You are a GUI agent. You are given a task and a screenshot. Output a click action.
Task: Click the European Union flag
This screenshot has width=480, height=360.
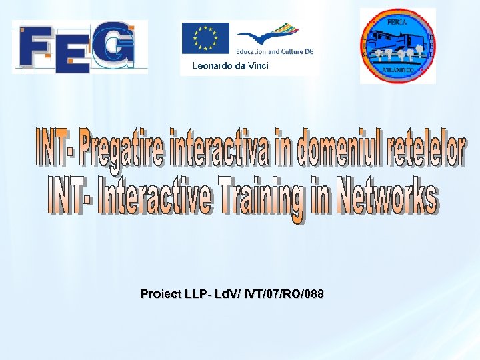[205, 38]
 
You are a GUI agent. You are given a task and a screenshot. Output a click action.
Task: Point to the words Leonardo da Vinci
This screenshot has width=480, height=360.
[230, 65]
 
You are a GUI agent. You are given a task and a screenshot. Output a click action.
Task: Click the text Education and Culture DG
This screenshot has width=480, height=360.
[274, 51]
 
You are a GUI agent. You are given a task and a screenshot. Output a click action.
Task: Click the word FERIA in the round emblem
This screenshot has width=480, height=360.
[399, 22]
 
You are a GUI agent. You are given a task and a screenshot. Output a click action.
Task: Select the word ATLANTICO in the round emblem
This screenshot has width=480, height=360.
[398, 69]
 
